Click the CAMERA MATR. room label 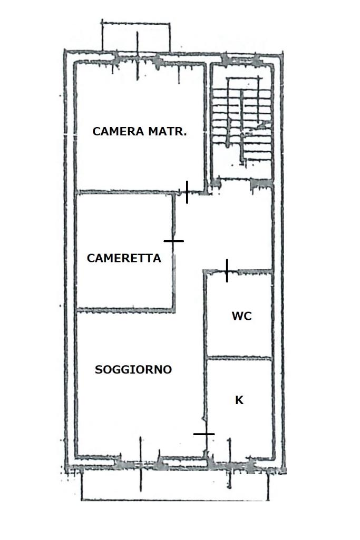click(x=140, y=131)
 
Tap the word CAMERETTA click(x=124, y=258)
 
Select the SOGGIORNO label click(x=133, y=369)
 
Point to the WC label click(x=242, y=316)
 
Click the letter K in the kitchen click(x=239, y=400)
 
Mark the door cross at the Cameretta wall click(x=173, y=241)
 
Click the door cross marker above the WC click(x=227, y=271)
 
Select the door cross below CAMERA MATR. click(x=187, y=192)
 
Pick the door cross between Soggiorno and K click(x=204, y=434)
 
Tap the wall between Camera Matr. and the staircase click(x=208, y=127)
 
